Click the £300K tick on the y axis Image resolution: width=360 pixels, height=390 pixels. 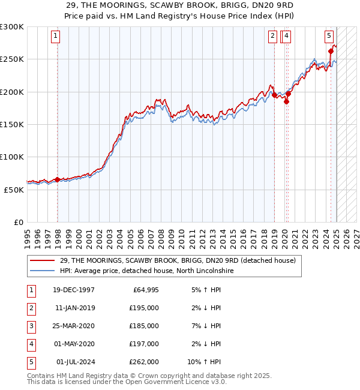[12, 27]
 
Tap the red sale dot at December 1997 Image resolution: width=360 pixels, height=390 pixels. [58, 179]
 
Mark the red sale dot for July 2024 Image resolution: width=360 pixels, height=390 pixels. [331, 52]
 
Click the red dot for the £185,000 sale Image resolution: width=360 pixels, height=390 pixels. [287, 101]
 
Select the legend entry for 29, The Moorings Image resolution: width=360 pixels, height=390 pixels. [178, 261]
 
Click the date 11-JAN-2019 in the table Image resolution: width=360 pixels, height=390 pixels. [75, 308]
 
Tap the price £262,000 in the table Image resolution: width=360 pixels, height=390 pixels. [144, 362]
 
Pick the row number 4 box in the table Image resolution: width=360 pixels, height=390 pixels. [31, 344]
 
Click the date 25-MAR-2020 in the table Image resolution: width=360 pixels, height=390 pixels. [75, 326]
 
